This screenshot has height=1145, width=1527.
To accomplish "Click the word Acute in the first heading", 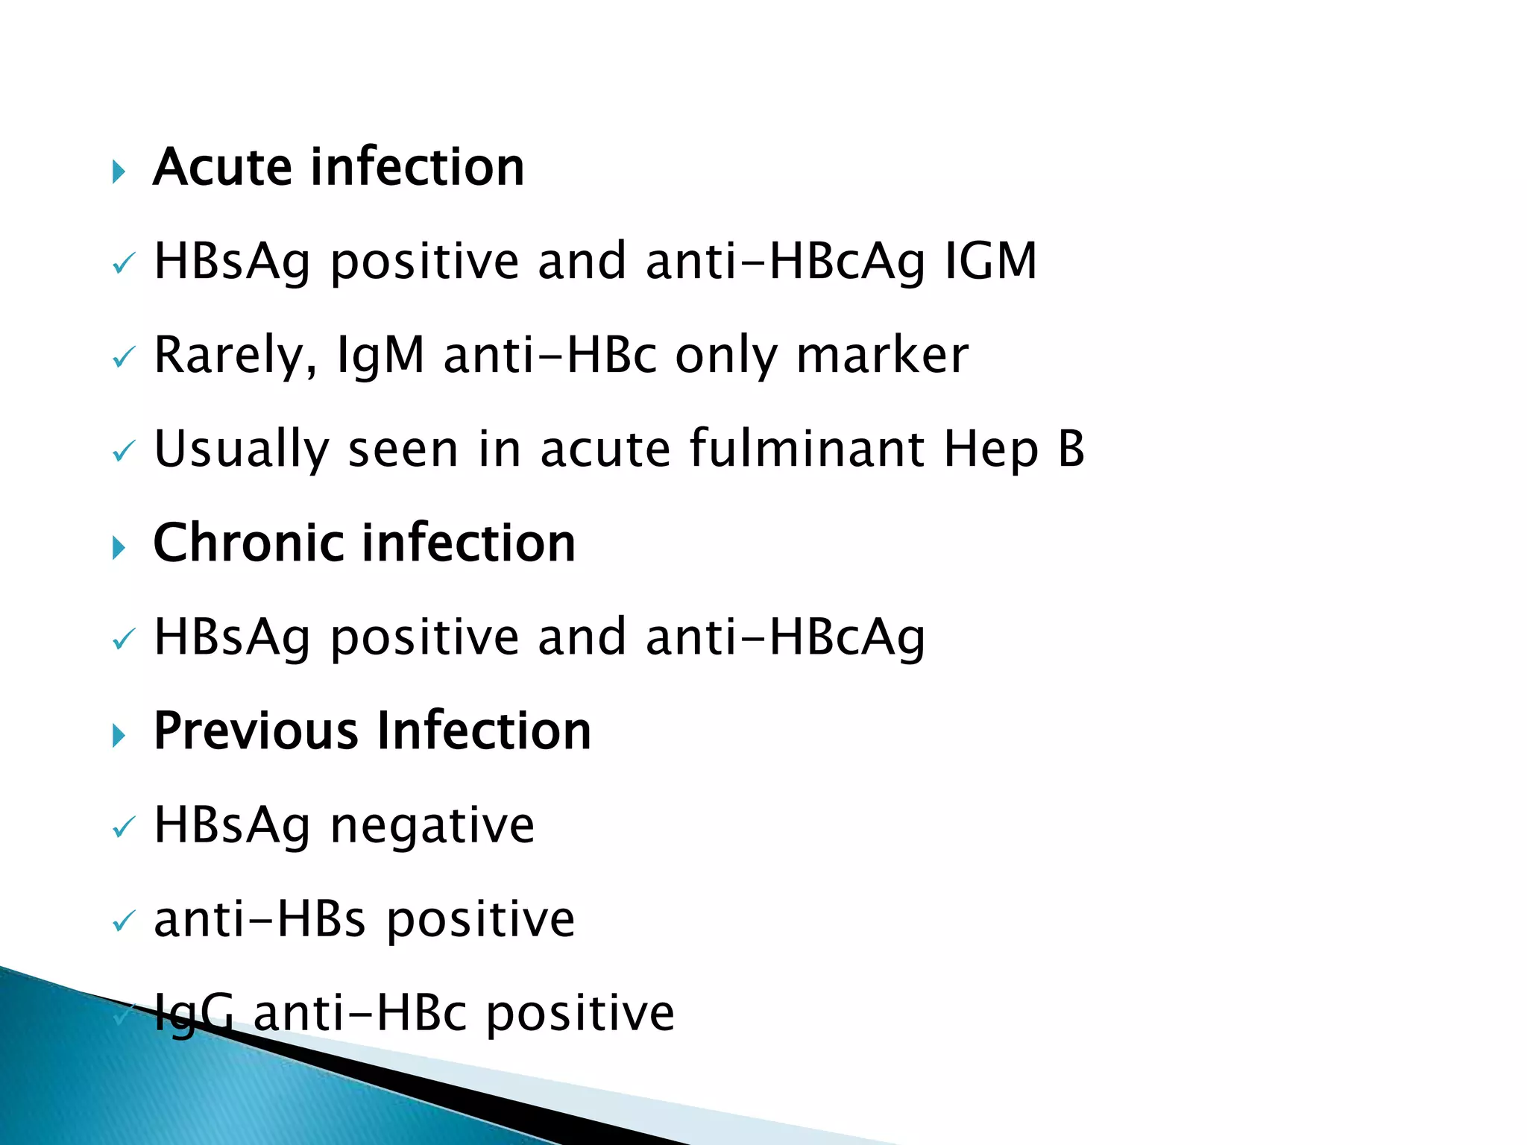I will coord(223,167).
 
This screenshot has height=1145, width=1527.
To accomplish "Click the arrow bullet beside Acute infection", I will coord(119,172).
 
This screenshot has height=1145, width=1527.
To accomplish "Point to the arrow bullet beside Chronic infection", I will coord(119,548).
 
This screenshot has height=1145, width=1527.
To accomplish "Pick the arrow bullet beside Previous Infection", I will coord(119,736).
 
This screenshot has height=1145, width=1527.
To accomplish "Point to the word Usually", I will coord(241,450).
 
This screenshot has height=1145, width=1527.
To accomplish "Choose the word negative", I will coord(432,826).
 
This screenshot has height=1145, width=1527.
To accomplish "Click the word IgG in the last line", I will coord(193,1014).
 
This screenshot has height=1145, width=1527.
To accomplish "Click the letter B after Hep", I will coord(1071,449).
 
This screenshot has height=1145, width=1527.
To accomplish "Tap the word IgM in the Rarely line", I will coord(380,356).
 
